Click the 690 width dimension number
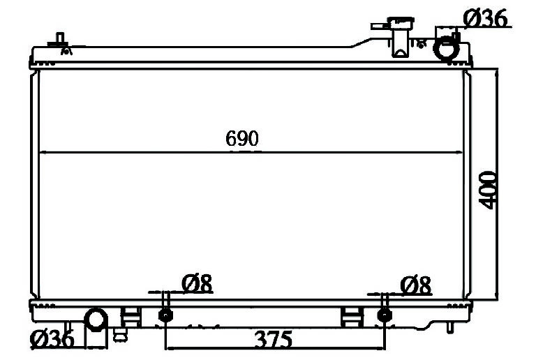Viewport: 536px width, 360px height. (242, 138)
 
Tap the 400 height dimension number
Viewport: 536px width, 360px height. (487, 190)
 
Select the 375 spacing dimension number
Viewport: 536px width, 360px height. (274, 339)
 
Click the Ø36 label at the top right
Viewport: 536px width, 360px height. (486, 18)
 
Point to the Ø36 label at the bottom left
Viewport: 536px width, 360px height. (52, 339)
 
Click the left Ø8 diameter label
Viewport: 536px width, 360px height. (197, 283)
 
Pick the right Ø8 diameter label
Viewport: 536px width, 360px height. (416, 285)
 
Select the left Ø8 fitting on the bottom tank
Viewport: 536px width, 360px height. (165, 315)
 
